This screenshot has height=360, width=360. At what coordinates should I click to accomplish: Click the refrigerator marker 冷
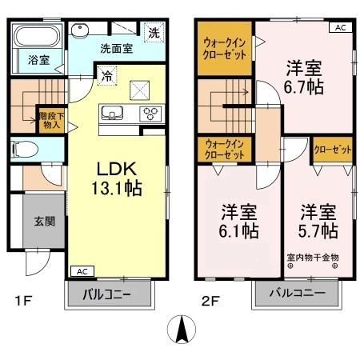point(106,78)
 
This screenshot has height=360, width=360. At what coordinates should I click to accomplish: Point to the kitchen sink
point(113,111)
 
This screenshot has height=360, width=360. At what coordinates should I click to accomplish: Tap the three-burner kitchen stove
point(150,112)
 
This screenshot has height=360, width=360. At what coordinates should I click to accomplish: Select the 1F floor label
point(23,302)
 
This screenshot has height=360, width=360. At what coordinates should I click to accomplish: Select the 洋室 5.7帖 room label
point(318,222)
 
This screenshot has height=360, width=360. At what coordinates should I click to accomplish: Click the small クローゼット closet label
point(330,149)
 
